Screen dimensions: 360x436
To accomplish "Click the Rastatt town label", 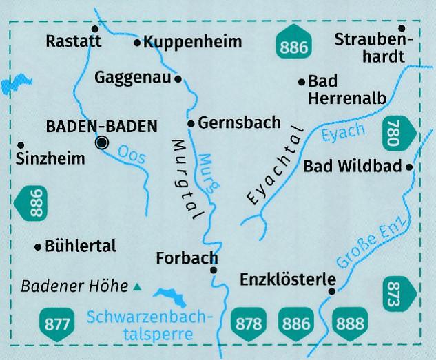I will pyautogui.click(x=73, y=41).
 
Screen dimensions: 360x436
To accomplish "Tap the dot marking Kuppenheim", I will pyautogui.click(x=137, y=43).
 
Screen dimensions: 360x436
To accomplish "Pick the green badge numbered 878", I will pyautogui.click(x=251, y=321).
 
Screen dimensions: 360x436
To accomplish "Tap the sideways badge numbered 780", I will pyautogui.click(x=399, y=134).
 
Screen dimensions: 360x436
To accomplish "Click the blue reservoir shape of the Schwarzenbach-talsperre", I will pyautogui.click(x=171, y=298).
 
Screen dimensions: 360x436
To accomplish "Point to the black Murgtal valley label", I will pyautogui.click(x=183, y=179).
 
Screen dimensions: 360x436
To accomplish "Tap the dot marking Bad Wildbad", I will pyautogui.click(x=409, y=167).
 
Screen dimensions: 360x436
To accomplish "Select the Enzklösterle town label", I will pyautogui.click(x=287, y=280).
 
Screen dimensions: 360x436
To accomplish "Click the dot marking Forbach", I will pyautogui.click(x=214, y=270).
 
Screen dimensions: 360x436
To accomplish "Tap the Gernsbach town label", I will pyautogui.click(x=239, y=123).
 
